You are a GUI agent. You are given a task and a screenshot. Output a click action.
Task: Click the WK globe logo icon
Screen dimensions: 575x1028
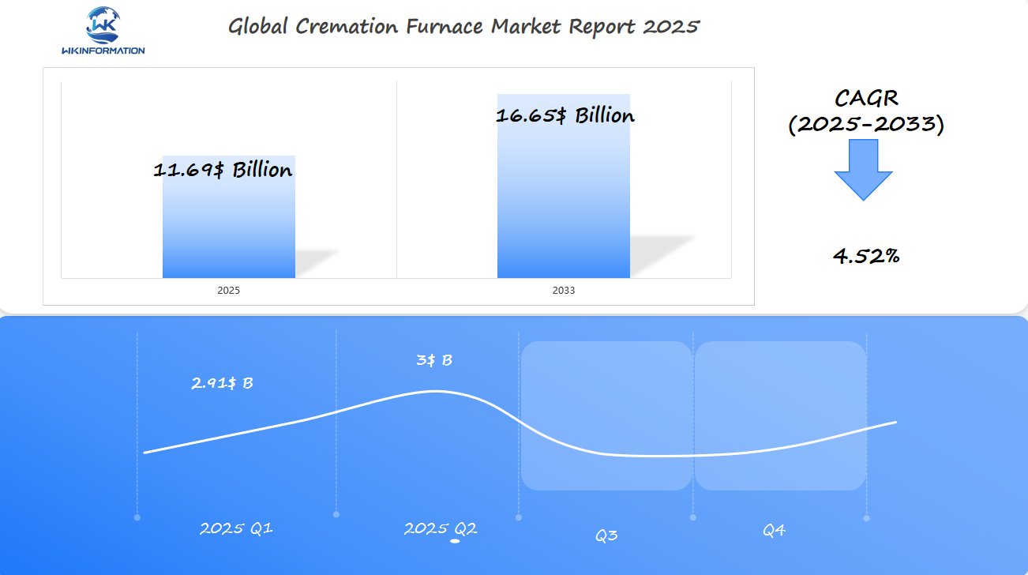point(103,24)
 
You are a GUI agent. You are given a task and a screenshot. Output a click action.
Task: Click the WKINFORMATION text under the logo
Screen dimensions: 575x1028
point(103,51)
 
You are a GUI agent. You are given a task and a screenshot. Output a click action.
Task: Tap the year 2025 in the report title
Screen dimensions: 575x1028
point(670,26)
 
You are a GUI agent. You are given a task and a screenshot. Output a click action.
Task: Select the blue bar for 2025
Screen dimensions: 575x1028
point(228,229)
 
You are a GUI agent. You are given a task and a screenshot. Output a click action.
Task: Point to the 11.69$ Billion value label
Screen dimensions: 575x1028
point(223,170)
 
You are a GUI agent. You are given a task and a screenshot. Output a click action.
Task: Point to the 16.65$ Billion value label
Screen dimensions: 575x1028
point(565,115)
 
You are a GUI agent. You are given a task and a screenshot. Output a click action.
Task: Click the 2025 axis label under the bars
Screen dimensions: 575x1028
point(228,291)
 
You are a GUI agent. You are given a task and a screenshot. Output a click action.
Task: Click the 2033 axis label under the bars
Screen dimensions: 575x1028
point(563,291)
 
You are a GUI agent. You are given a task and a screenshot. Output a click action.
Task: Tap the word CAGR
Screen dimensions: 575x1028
point(866,99)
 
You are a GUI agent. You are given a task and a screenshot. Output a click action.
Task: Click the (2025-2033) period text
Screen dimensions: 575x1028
point(866,125)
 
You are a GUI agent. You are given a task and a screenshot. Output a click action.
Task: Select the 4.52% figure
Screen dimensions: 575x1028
point(866,256)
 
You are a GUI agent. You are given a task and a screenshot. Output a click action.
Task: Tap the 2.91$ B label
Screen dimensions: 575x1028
point(222,384)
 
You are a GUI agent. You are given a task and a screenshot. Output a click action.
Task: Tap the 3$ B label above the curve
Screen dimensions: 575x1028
point(434,360)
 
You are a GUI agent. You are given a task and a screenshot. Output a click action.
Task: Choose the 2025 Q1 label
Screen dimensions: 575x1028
point(236,528)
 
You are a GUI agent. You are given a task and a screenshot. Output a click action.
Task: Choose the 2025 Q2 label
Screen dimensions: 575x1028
point(440,528)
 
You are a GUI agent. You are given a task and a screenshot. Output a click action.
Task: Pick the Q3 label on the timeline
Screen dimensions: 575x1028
point(606,536)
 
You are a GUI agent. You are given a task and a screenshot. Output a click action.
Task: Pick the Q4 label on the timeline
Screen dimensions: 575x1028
point(773,531)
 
